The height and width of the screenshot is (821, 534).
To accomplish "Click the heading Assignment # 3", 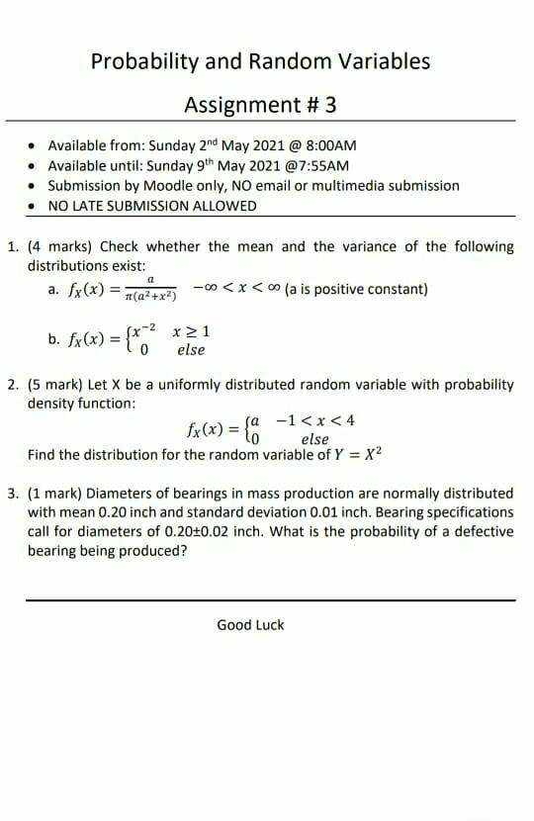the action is [261, 104].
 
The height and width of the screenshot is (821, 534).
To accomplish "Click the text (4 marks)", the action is [61, 246].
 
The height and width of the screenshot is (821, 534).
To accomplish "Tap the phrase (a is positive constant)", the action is [355, 289].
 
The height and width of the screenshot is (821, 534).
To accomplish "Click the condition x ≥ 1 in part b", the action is [189, 331].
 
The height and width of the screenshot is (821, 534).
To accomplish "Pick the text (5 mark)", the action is [58, 384].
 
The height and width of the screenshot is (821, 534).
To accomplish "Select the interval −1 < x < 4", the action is [315, 420].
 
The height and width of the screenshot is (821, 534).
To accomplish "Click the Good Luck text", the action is [250, 624].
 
